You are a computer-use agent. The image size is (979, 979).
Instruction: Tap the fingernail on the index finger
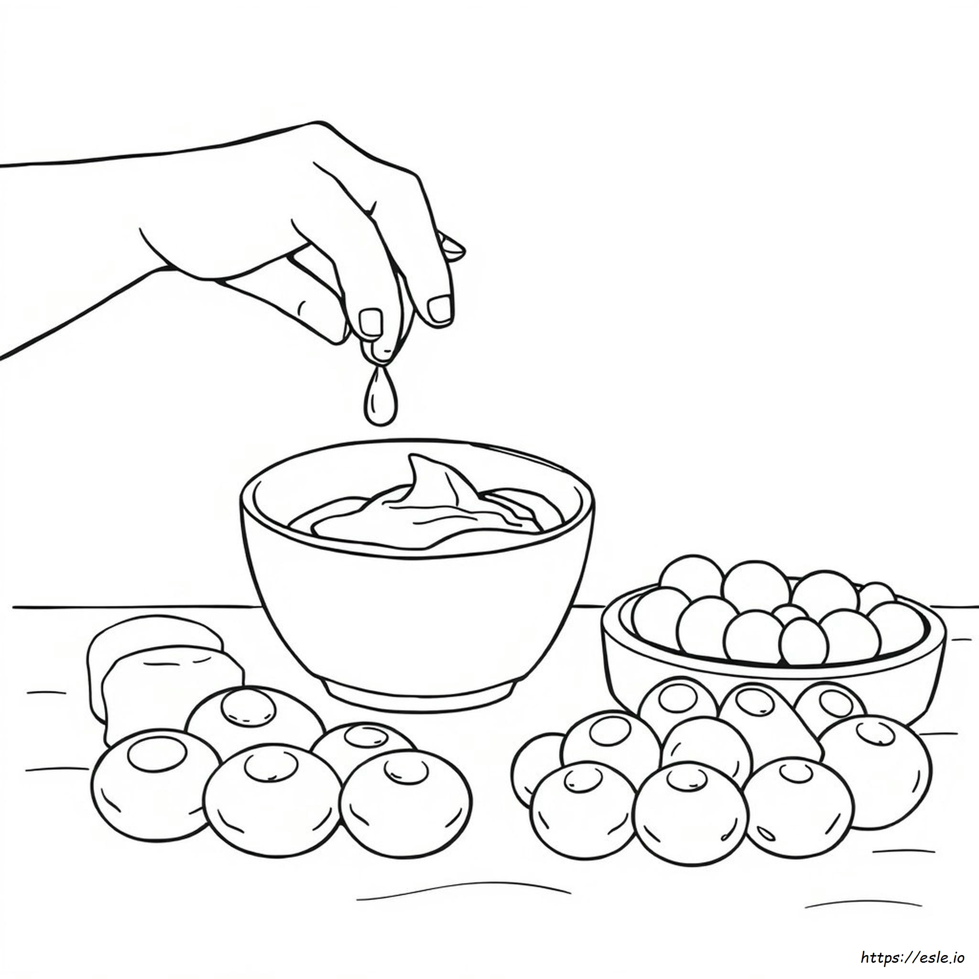coord(370,322)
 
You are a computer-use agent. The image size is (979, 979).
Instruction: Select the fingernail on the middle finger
coord(439,309)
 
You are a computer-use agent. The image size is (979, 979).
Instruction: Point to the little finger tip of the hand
coord(452,247)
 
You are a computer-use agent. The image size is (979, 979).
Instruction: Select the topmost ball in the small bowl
coord(692,578)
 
